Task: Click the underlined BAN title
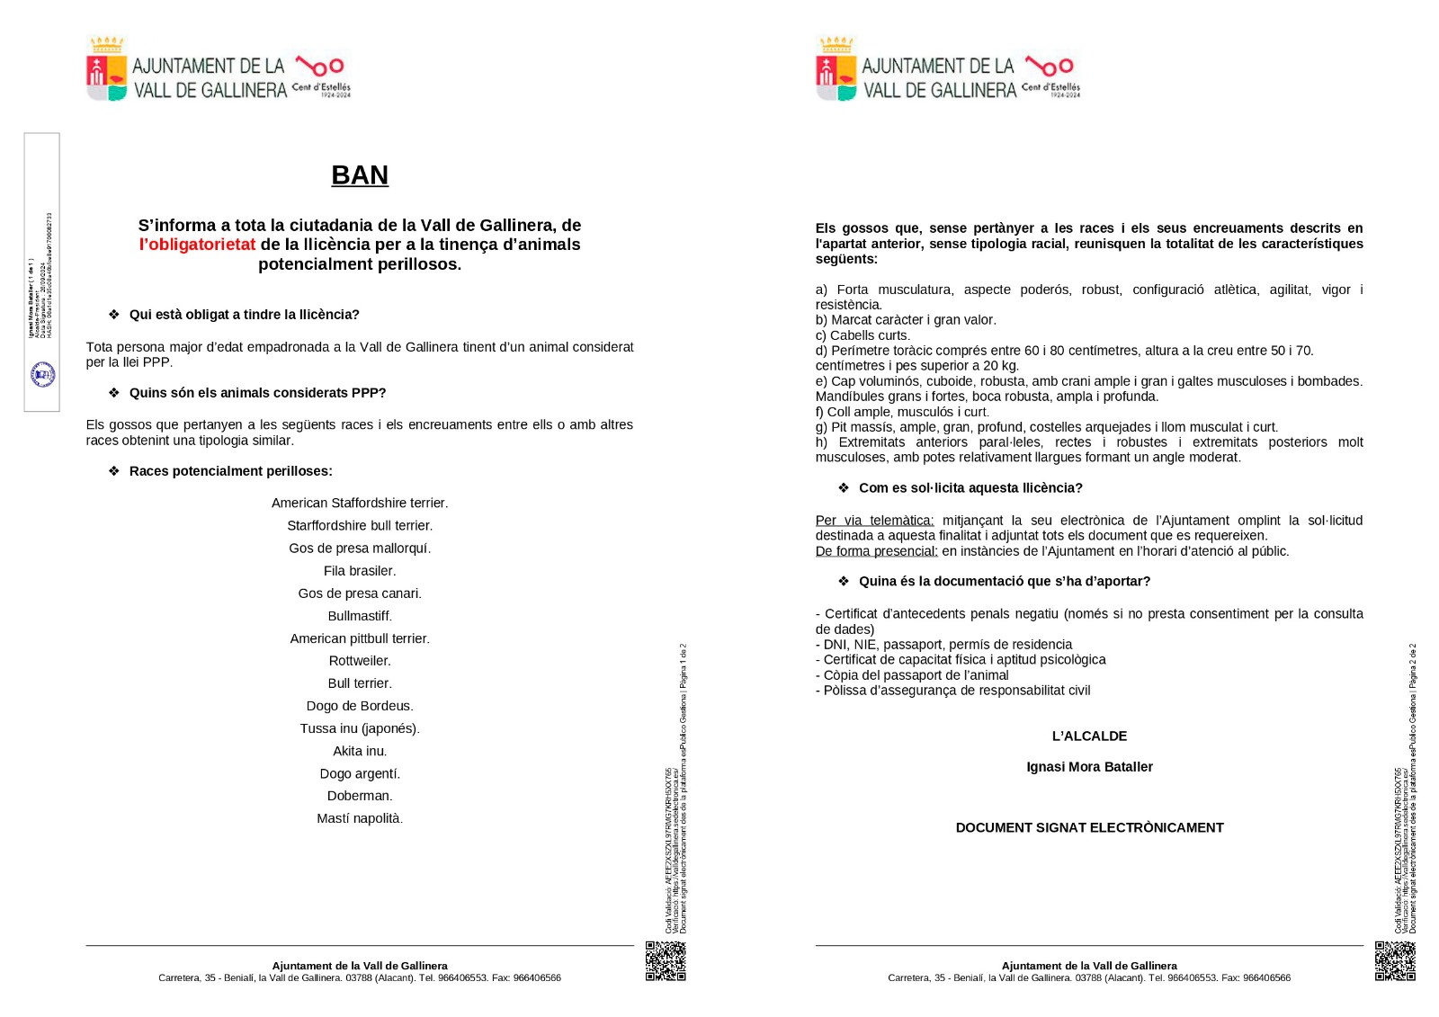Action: pyautogui.click(x=360, y=175)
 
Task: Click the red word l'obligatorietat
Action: pyautogui.click(x=197, y=245)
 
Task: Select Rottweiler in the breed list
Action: pyautogui.click(x=360, y=661)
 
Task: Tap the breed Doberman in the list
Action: pyautogui.click(x=360, y=796)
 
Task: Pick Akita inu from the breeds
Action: pyautogui.click(x=360, y=751)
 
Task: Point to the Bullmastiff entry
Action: pyautogui.click(x=360, y=616)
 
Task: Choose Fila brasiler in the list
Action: pyautogui.click(x=360, y=571)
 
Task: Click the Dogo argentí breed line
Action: pyautogui.click(x=360, y=773)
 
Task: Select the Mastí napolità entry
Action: pyautogui.click(x=360, y=818)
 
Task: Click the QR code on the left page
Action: pyautogui.click(x=666, y=960)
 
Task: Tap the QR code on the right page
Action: pyautogui.click(x=1395, y=960)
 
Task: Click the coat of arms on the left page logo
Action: pyautogui.click(x=106, y=70)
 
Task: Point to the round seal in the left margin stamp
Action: pyautogui.click(x=43, y=374)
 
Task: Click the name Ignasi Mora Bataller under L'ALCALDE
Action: pyautogui.click(x=1089, y=767)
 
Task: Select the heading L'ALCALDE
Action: pyautogui.click(x=1089, y=736)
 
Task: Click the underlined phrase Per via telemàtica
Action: pyautogui.click(x=874, y=521)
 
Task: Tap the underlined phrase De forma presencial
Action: pyautogui.click(x=876, y=551)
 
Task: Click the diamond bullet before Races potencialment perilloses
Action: pyautogui.click(x=114, y=471)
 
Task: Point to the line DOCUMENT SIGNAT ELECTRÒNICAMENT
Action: pyautogui.click(x=1089, y=828)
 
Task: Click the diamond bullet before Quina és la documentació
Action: pyautogui.click(x=844, y=582)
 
